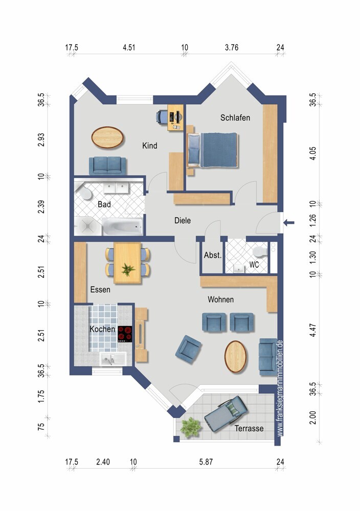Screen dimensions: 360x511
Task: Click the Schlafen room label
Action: pos(235,118)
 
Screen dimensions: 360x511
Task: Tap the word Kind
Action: pos(150,145)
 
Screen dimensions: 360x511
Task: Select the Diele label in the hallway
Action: pos(182,220)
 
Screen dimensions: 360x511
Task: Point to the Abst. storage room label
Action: pos(213,255)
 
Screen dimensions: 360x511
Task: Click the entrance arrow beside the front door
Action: pos(288,223)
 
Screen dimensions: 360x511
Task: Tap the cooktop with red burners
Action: pos(125,334)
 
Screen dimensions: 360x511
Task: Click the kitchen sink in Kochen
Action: pos(113,359)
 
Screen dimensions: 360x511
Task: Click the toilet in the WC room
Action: pos(260,251)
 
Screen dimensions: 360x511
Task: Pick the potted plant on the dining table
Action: pos(128,270)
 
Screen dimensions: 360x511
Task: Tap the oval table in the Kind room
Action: pos(107,137)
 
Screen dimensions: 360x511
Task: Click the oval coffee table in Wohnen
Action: pos(235,357)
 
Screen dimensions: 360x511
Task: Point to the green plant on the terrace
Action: pos(190,427)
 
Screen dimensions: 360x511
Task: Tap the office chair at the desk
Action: pos(162,117)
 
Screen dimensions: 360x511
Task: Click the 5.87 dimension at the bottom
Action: pos(206,462)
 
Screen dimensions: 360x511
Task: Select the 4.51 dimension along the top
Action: pos(129,48)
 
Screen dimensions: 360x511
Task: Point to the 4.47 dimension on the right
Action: pos(313,330)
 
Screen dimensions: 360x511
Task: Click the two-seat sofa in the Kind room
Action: pos(107,166)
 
